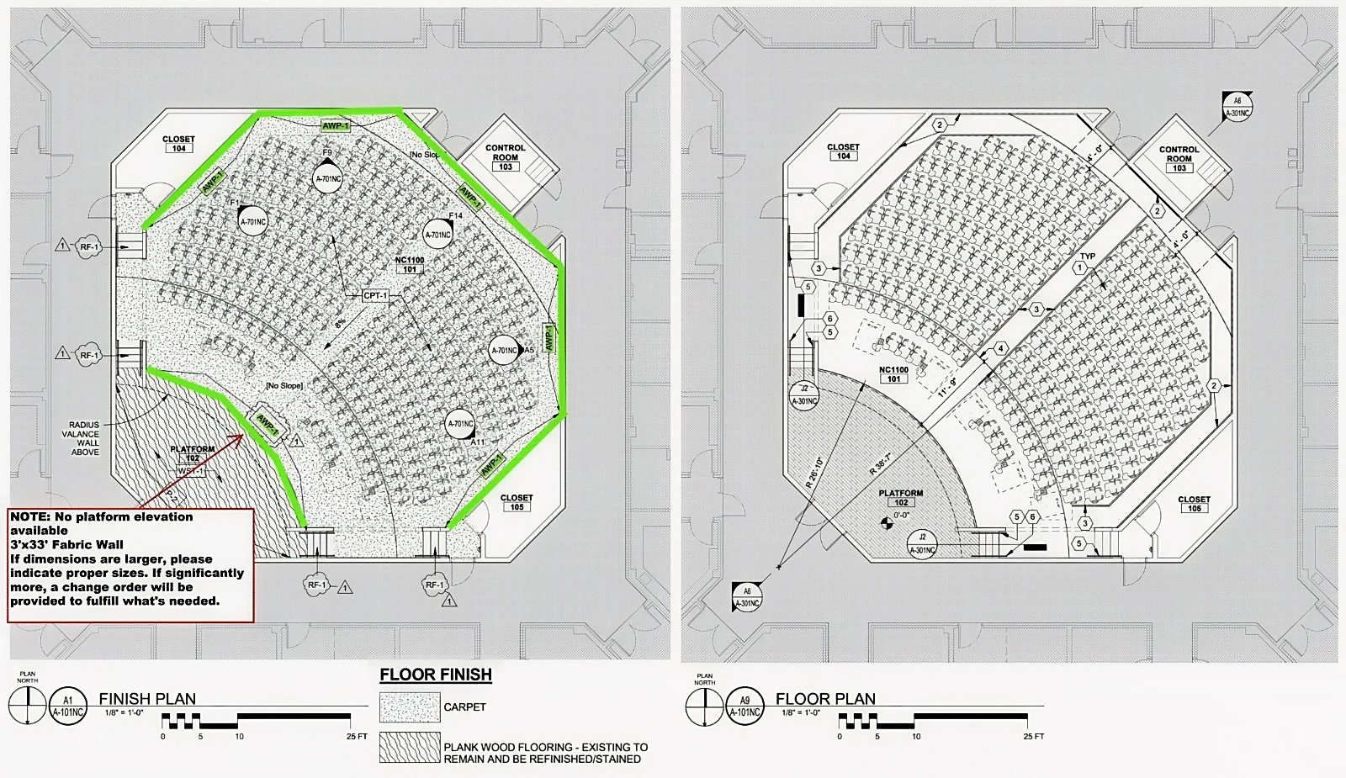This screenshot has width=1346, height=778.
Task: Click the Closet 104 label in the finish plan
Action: [178, 144]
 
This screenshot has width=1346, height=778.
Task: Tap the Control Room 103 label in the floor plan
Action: [1179, 158]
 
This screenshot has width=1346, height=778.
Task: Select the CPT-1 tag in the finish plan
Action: [375, 296]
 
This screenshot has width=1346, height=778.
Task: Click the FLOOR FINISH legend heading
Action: [436, 675]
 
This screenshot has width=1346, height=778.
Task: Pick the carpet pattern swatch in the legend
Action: [410, 707]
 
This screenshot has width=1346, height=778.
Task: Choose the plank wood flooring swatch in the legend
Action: [410, 748]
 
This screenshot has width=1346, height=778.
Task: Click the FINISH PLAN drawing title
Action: [147, 699]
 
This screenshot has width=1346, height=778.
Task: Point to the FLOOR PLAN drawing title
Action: [825, 699]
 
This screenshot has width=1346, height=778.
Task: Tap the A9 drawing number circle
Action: [745, 706]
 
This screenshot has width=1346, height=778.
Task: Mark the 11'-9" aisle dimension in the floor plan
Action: [948, 388]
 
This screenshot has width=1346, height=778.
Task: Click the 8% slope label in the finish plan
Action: [340, 323]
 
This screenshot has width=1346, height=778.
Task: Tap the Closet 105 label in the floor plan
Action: [1194, 503]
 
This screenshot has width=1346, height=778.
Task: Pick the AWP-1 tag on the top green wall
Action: [336, 126]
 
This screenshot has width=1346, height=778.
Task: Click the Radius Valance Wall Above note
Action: [84, 438]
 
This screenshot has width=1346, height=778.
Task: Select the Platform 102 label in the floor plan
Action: [900, 497]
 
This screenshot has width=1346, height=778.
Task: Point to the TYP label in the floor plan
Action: [1088, 257]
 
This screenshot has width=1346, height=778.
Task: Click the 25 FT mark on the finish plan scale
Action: [357, 737]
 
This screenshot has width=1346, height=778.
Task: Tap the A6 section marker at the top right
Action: [1237, 106]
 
